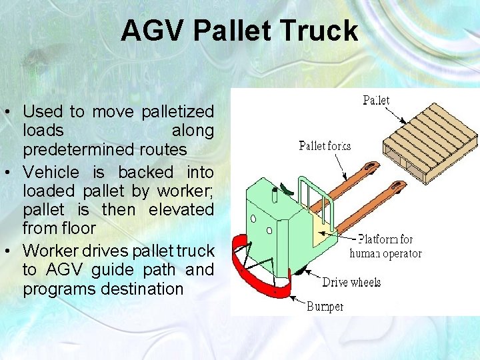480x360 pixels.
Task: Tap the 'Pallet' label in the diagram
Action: pos(376,100)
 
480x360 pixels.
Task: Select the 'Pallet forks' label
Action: pos(325,146)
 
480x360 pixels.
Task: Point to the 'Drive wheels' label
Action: pos(351,282)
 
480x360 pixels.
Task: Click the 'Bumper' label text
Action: pos(325,306)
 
